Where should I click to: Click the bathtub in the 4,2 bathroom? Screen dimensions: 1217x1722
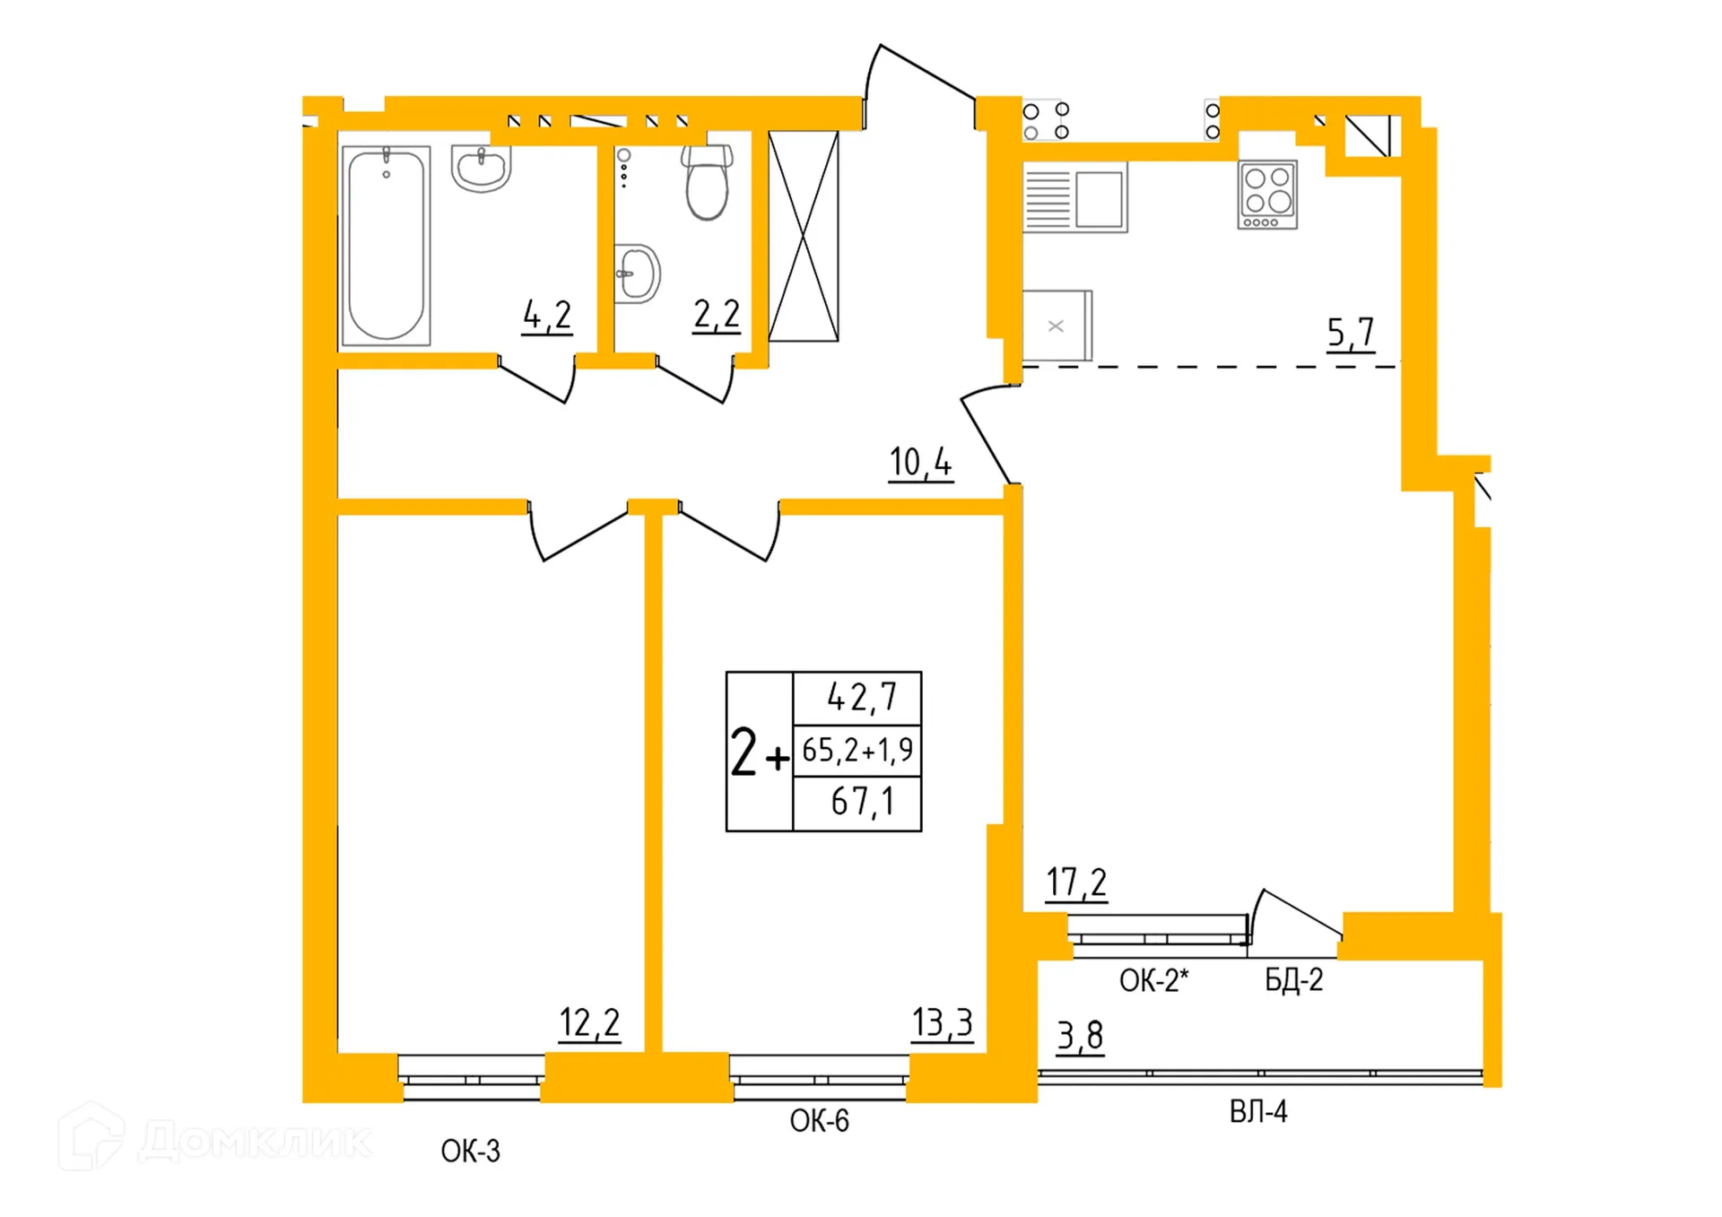tap(386, 245)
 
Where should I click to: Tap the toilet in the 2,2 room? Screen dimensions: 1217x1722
tap(707, 184)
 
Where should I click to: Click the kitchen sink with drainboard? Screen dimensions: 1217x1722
tap(1074, 197)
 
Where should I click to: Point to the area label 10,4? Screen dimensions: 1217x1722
tap(920, 463)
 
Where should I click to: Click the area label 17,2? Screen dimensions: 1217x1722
tap(1076, 882)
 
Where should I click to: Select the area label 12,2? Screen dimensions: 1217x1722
tap(589, 1022)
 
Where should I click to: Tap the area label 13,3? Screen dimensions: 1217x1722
tap(942, 1022)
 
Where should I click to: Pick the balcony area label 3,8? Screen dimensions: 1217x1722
tap(1080, 1036)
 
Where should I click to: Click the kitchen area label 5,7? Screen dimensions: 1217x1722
tap(1351, 333)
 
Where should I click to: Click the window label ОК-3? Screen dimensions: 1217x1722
tap(470, 1151)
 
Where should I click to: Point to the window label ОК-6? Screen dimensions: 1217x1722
tap(819, 1120)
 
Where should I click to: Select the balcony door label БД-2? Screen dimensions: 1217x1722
tap(1293, 979)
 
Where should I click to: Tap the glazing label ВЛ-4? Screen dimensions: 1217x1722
tap(1257, 1112)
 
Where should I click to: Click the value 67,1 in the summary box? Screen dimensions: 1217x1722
tap(862, 801)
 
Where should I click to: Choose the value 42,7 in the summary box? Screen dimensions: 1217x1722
tap(861, 697)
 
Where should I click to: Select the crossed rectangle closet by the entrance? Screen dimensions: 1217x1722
tap(804, 236)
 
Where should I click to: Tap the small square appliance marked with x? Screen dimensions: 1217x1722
tap(1057, 326)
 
